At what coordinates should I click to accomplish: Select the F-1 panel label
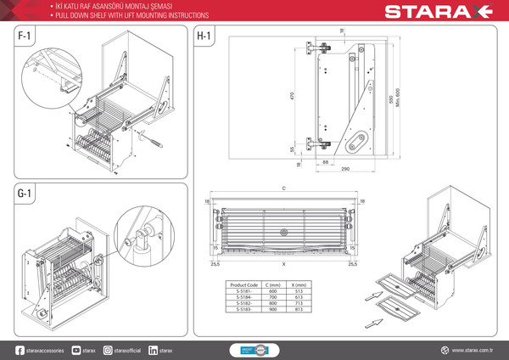coord(27,38)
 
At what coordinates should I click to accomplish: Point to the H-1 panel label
coord(204,38)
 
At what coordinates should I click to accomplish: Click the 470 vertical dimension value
coord(292,96)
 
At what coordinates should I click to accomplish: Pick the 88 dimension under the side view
coord(326,161)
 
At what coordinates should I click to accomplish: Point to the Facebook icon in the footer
coord(20,350)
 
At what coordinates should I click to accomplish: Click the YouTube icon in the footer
coord(76,350)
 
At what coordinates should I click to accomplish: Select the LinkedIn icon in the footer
coord(153,350)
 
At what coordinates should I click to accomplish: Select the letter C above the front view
coord(284,188)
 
